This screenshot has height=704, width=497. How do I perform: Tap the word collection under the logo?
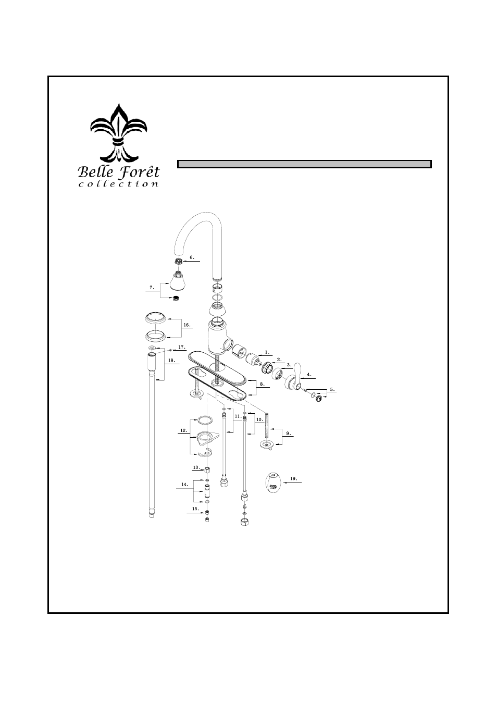tap(118, 184)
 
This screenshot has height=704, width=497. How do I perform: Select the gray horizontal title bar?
tap(304, 164)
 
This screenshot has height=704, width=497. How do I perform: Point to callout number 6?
tap(192, 257)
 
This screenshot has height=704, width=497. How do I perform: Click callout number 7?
tap(152, 287)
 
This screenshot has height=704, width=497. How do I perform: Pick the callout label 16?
tap(187, 325)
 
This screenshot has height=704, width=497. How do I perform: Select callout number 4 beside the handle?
tap(309, 374)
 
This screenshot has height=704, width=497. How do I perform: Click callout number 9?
tap(288, 434)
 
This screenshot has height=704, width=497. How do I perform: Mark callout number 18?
tap(171, 360)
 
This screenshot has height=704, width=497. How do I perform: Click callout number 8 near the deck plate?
tap(263, 384)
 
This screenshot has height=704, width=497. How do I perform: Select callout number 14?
tap(185, 484)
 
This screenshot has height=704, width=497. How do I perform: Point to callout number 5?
tap(332, 389)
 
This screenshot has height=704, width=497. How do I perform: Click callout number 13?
tap(196, 467)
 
